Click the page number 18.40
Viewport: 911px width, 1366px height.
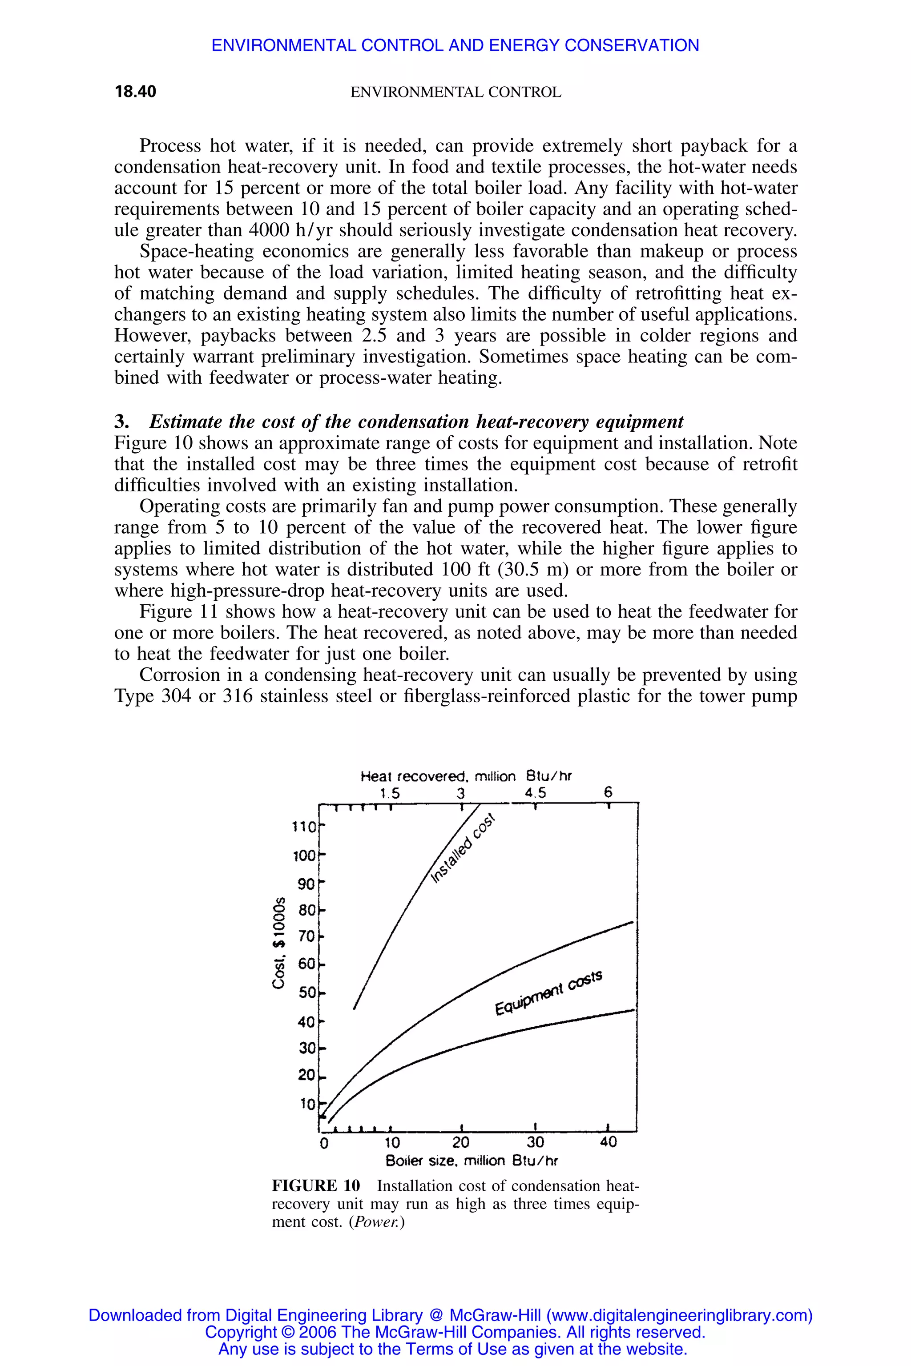click(135, 92)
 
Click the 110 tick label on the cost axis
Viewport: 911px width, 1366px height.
click(304, 827)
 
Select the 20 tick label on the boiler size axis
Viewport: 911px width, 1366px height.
click(461, 1142)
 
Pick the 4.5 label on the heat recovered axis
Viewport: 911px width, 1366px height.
click(535, 793)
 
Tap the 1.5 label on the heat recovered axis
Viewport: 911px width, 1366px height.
click(390, 793)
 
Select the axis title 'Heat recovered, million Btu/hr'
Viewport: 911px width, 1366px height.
click(466, 776)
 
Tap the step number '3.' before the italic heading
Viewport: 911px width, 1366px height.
click(121, 421)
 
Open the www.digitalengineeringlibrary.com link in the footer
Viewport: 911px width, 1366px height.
click(679, 1315)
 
